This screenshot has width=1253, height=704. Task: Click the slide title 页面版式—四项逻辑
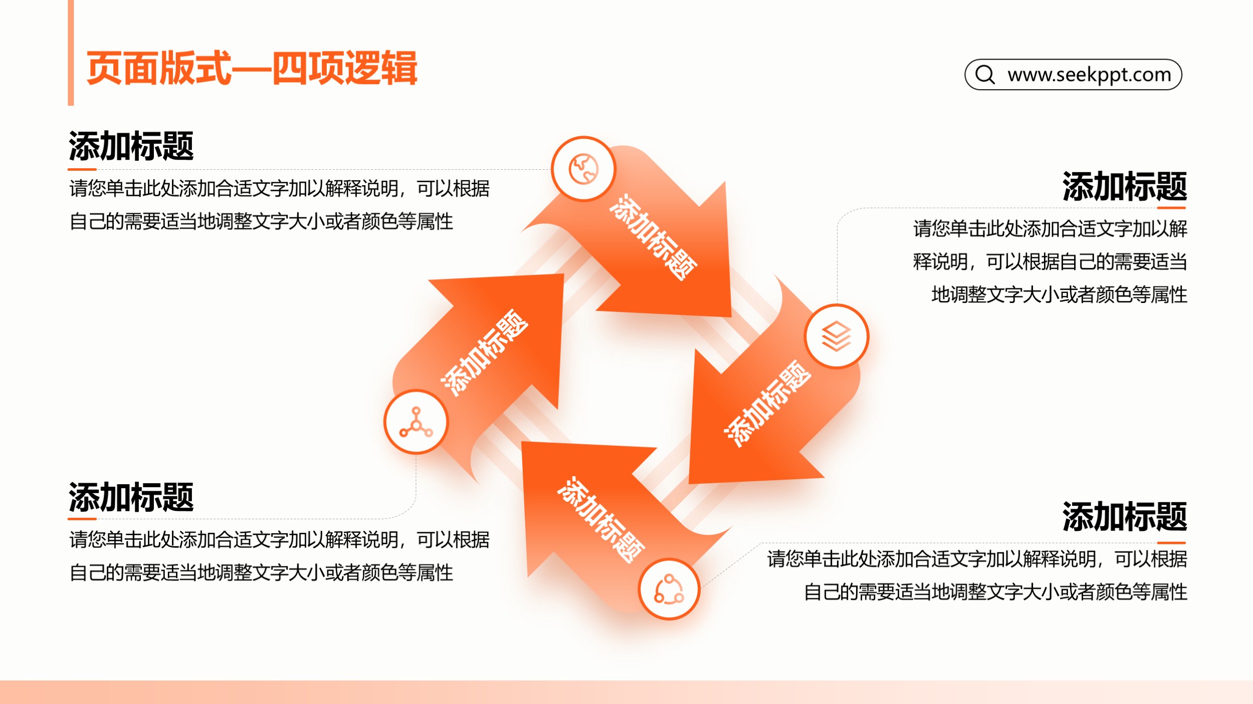click(252, 68)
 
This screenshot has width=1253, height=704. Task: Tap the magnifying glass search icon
click(985, 75)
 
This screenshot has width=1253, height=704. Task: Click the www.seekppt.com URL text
click(1089, 75)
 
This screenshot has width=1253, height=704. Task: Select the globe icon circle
click(583, 169)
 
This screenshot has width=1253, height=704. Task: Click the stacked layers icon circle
click(837, 336)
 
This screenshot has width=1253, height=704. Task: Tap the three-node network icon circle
click(416, 422)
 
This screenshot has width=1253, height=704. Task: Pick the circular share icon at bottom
click(669, 589)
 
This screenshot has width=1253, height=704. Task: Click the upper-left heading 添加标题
click(131, 146)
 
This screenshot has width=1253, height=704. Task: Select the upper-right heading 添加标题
click(1125, 186)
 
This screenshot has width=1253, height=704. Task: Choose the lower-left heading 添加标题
click(131, 497)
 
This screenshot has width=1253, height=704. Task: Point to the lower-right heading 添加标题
click(1125, 516)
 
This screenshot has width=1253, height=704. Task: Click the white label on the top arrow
click(653, 237)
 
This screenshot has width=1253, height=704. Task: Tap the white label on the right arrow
click(767, 403)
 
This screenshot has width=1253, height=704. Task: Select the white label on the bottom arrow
click(600, 520)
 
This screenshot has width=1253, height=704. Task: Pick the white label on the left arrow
click(484, 353)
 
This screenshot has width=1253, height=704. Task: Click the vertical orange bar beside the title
click(71, 53)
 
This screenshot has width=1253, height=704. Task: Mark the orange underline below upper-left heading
click(82, 169)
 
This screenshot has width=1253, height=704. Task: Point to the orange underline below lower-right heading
click(1171, 542)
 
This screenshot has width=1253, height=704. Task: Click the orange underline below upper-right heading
click(1171, 207)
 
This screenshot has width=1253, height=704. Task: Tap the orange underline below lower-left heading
click(82, 519)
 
